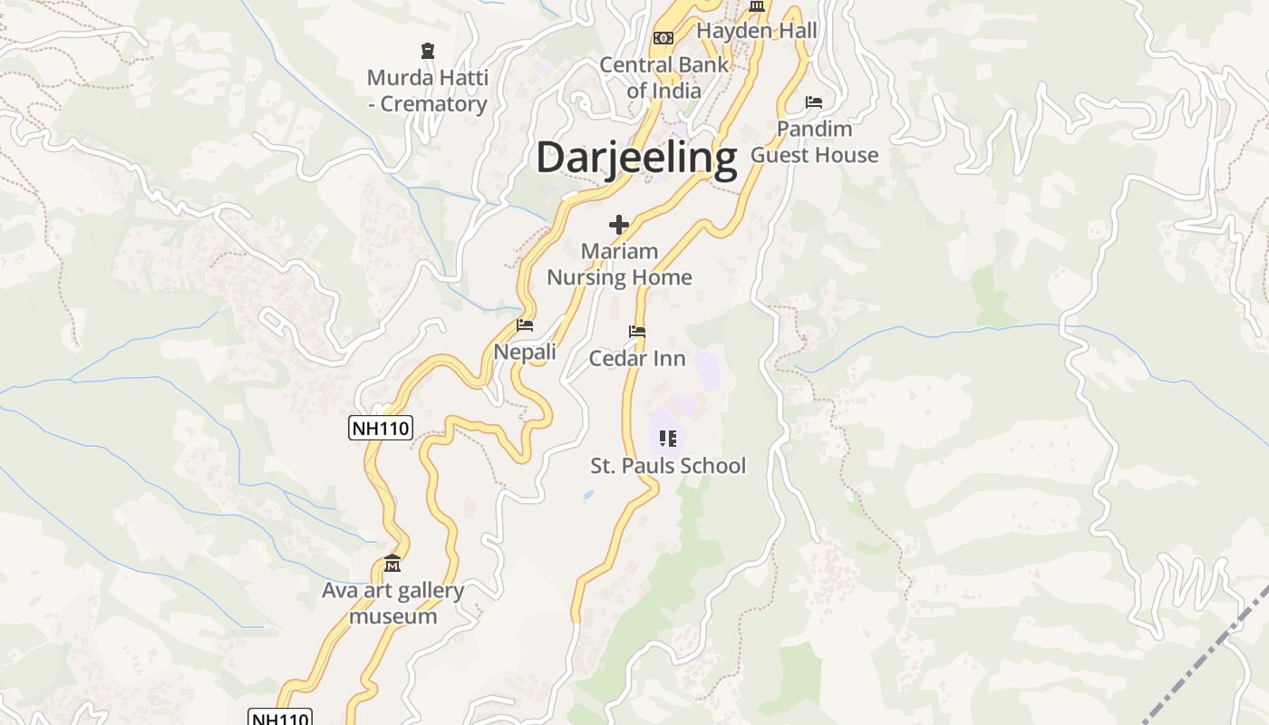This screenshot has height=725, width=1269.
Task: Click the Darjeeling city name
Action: (x=636, y=158)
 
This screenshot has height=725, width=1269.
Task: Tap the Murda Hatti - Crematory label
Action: (x=427, y=91)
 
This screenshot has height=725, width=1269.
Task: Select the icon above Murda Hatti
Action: (x=428, y=51)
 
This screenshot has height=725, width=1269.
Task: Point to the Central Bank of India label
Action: (x=664, y=78)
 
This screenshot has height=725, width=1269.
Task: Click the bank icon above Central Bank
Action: (x=664, y=38)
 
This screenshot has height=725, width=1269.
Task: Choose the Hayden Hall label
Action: (x=757, y=31)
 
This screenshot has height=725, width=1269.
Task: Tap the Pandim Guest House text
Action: (x=814, y=142)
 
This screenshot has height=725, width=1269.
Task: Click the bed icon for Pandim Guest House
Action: (x=814, y=102)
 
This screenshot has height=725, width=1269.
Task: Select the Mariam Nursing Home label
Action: (x=619, y=265)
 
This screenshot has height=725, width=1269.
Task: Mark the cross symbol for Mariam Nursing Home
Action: (x=619, y=225)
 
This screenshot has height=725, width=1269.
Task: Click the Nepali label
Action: (x=525, y=352)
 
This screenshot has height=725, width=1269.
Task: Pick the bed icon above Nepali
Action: (x=525, y=325)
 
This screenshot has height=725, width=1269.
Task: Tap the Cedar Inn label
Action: (x=637, y=359)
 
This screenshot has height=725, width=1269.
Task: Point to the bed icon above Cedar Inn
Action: (x=637, y=333)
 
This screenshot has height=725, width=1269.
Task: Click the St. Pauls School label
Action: (x=668, y=466)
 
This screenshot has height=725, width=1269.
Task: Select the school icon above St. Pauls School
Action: (x=668, y=440)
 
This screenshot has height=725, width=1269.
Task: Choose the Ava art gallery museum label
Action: (x=393, y=604)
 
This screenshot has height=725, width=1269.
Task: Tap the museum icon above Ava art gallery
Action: (x=392, y=564)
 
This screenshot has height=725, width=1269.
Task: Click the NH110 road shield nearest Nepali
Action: (x=381, y=429)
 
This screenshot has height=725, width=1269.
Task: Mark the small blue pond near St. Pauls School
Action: (x=588, y=496)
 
